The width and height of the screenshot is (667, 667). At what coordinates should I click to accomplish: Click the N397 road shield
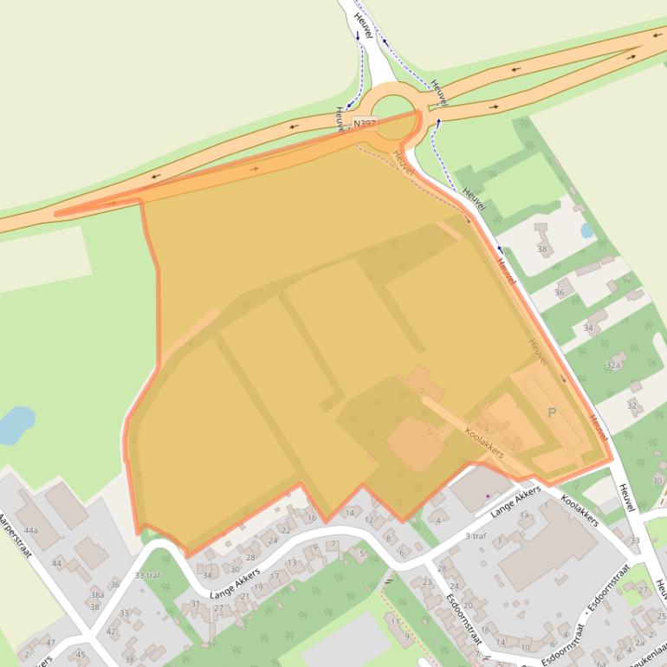[365, 125]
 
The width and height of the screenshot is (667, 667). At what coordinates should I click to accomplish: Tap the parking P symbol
[552, 412]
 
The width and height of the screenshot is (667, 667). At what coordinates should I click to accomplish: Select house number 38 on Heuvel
[543, 249]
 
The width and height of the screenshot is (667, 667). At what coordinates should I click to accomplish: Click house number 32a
[614, 366]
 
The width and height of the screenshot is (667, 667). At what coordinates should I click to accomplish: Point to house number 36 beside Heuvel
[559, 293]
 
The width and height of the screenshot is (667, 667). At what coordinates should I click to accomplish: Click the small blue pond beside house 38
[587, 230]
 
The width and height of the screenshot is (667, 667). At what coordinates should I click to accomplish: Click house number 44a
[31, 530]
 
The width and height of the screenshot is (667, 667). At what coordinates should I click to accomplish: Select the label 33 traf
[147, 575]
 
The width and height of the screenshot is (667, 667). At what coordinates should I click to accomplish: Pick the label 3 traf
[476, 536]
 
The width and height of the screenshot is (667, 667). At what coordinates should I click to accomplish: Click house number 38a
[97, 595]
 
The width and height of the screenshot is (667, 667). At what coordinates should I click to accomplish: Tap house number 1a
[525, 515]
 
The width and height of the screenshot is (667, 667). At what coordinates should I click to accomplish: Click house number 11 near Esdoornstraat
[395, 621]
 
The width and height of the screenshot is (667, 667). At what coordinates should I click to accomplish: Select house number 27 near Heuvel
[642, 590]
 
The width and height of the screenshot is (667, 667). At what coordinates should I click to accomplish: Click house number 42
[111, 631]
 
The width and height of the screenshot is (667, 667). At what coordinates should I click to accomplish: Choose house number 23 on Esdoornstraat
[426, 581]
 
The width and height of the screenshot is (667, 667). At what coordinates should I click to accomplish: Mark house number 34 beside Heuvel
[589, 328]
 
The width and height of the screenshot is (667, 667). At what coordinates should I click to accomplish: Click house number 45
[81, 654]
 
